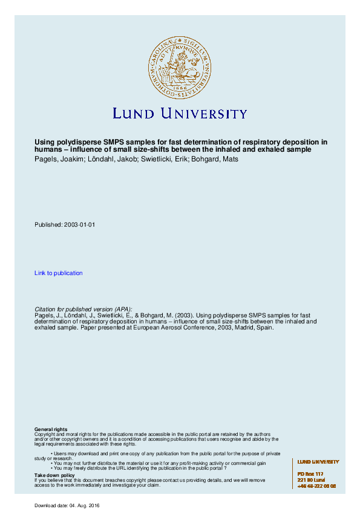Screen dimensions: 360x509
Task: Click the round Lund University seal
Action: (180, 66)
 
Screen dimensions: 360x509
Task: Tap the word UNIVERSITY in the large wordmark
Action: (205, 113)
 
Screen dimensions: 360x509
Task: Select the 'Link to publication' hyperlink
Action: (59, 273)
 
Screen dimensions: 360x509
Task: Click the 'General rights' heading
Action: (51, 429)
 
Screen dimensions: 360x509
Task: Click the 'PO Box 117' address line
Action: (310, 473)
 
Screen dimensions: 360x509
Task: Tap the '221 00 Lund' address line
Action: (311, 479)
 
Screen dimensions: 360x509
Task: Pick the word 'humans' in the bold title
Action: (48, 150)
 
